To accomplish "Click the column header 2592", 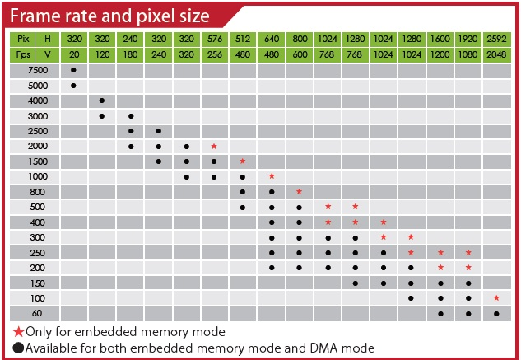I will click(x=496, y=39).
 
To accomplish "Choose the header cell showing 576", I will click(x=214, y=39).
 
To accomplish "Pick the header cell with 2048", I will click(x=496, y=54).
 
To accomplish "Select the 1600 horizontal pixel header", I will click(x=440, y=39).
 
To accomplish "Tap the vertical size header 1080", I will click(x=468, y=54).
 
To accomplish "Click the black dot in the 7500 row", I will click(x=74, y=70).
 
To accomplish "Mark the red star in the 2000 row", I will click(x=214, y=146).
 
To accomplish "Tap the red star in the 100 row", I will click(x=496, y=297).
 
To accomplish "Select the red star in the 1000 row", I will click(x=271, y=176).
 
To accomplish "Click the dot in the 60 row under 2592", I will click(x=496, y=313).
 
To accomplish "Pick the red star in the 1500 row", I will click(x=242, y=161).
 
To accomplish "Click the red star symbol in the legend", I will click(x=17, y=331).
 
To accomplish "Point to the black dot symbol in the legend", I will click(x=17, y=348).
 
